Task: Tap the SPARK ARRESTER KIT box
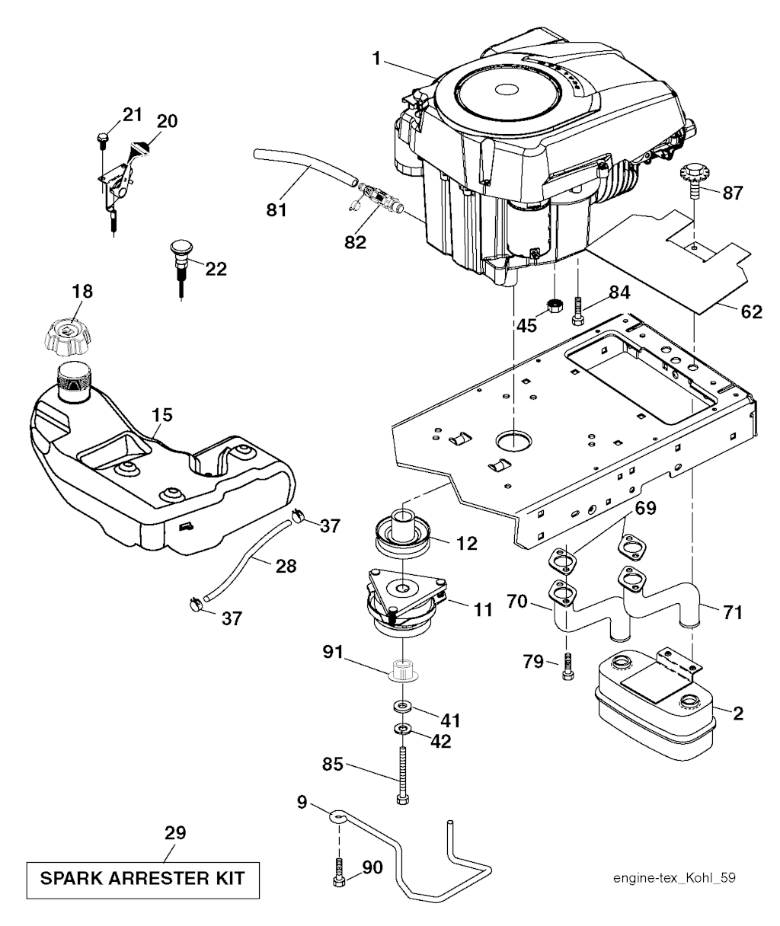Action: [142, 878]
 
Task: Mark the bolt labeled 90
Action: [340, 873]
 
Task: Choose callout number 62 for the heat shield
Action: [751, 311]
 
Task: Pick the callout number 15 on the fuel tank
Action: [161, 415]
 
